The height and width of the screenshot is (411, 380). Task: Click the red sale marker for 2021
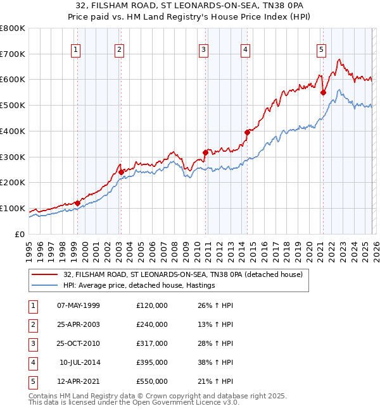pos(323,92)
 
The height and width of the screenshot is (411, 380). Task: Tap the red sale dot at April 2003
pos(122,172)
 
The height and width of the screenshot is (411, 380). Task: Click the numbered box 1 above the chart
pos(76,50)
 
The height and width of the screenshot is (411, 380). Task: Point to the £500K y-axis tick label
pos(13,106)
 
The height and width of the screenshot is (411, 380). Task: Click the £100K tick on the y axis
pos(13,209)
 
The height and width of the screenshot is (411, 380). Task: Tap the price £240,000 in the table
pos(152,324)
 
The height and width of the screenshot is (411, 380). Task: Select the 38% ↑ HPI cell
pos(215,362)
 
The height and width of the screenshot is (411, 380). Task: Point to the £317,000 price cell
pos(152,343)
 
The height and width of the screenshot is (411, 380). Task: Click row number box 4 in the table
pos(32,362)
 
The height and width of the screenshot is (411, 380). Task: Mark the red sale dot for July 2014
pos(247,132)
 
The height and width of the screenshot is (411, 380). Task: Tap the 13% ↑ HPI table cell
pos(215,324)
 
